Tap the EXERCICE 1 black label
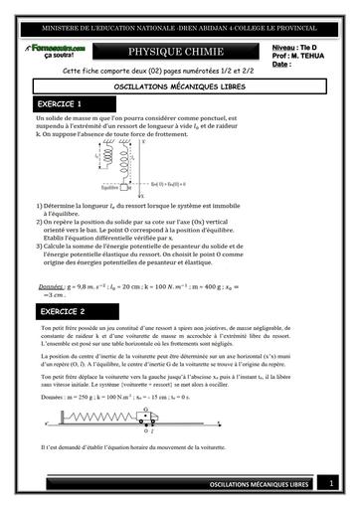point(60,103)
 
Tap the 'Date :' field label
point(282,64)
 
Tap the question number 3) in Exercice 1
point(39,232)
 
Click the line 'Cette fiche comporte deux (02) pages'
point(149,72)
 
